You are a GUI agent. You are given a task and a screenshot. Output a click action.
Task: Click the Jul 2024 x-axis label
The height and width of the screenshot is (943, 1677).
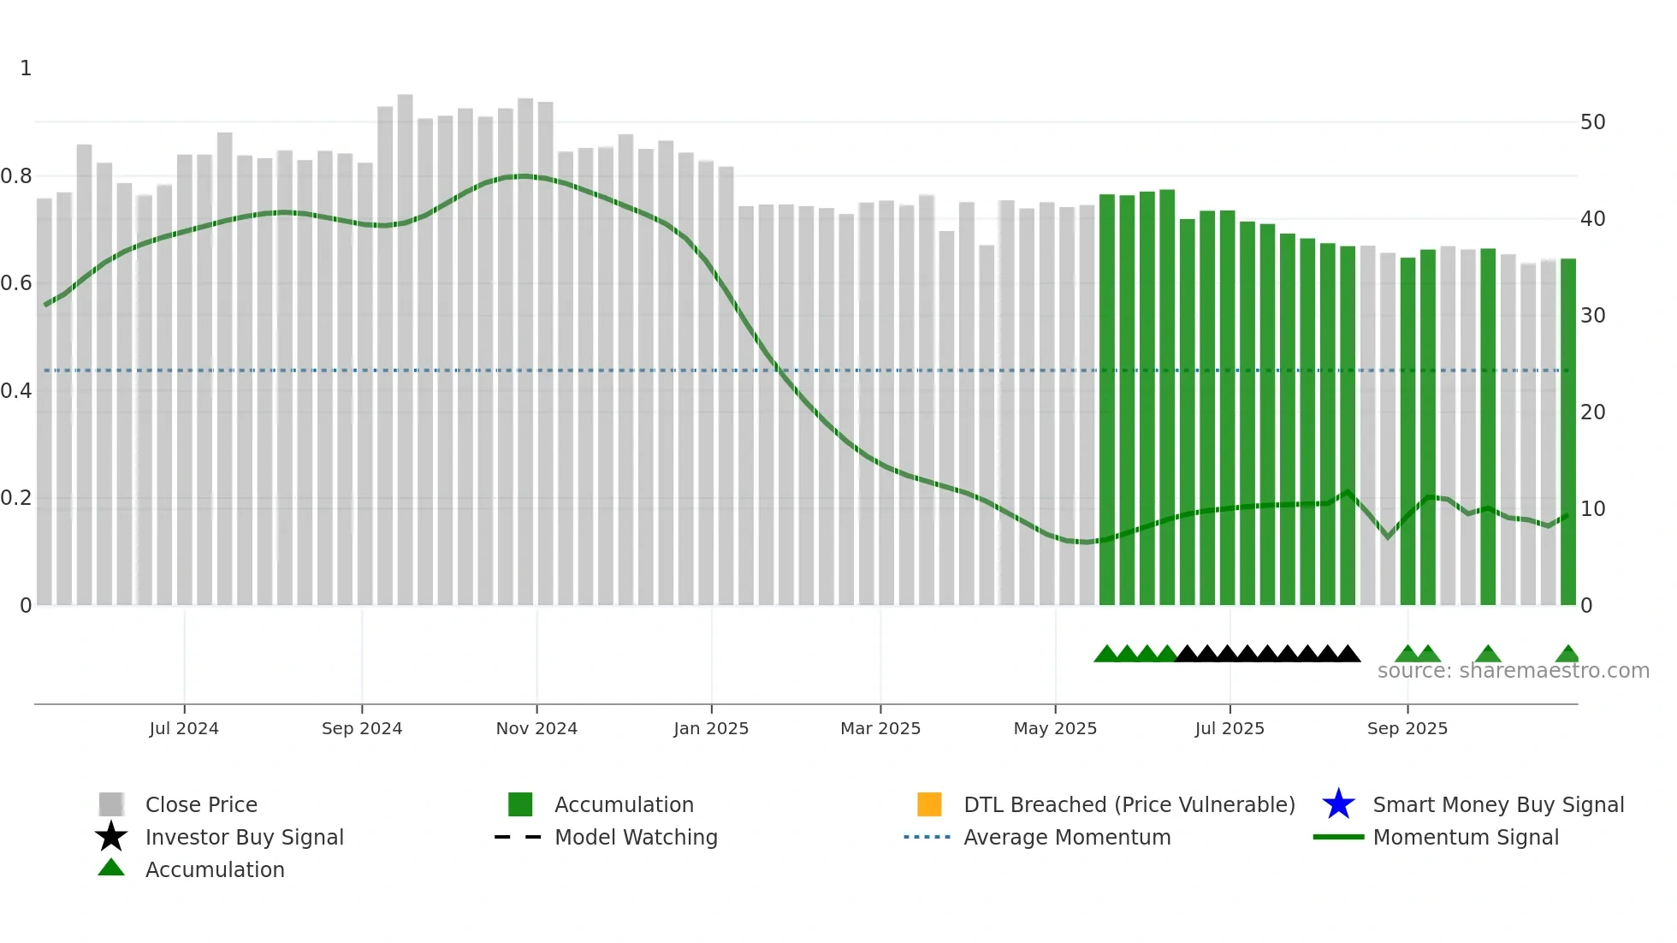click(184, 728)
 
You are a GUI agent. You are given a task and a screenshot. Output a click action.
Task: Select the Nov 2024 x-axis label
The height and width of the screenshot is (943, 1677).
click(536, 728)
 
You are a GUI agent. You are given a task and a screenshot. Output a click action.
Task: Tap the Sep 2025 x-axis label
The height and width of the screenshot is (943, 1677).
click(1407, 728)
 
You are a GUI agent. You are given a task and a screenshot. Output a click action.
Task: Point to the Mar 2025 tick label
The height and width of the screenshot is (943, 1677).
click(880, 728)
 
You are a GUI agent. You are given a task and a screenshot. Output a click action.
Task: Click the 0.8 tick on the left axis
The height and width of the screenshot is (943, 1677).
click(17, 176)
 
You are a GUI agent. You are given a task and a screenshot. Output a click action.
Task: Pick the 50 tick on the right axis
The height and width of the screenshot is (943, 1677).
click(1592, 122)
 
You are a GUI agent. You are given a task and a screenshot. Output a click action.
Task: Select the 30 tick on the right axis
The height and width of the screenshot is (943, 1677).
click(1592, 316)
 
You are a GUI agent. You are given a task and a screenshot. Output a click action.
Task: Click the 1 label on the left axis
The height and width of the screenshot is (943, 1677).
click(26, 68)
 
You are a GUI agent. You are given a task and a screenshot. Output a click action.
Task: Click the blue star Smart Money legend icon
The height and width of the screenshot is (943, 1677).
click(1338, 804)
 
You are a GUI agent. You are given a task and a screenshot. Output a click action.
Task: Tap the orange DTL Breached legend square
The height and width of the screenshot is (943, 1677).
click(929, 804)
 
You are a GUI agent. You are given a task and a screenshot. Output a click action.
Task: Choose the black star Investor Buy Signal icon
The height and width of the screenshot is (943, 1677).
click(111, 837)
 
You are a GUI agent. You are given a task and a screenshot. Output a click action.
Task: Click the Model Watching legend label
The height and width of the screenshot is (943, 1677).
click(636, 837)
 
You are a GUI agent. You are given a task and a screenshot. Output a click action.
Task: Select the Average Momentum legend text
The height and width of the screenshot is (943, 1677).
click(1067, 837)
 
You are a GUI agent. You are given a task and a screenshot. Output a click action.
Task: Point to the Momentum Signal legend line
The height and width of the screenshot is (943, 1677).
click(1338, 837)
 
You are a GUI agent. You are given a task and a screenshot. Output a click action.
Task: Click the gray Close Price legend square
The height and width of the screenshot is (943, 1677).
click(111, 804)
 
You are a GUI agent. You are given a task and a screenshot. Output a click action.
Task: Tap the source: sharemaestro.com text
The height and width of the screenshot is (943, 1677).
click(1513, 671)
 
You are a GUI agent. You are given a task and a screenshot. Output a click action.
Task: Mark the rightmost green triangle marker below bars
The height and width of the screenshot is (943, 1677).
click(1567, 655)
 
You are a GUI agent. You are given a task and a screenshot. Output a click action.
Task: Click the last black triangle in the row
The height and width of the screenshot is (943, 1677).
click(1348, 655)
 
